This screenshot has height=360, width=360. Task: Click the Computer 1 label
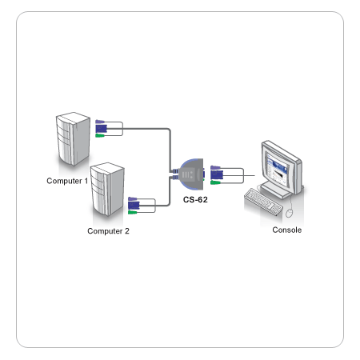pos(67,181)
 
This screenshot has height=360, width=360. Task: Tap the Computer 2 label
pos(108,231)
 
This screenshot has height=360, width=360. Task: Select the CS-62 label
pos(195,199)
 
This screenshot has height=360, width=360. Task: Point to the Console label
pos(287,230)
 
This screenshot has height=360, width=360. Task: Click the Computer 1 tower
pos(73,138)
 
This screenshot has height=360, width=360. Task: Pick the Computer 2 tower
pos(107,189)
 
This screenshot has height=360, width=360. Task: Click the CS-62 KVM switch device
pos(190,174)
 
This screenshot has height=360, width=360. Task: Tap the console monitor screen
pos(278,169)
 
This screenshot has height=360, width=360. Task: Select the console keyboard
pos(263,202)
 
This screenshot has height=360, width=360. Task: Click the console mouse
pos(289,213)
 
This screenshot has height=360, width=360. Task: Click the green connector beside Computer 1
pos(100,136)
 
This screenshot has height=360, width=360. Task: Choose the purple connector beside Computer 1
pos(100,122)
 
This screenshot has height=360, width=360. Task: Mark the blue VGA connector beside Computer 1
pos(102,129)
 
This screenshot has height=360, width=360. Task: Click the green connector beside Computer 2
pos(133,213)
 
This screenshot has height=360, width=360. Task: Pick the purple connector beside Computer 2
pos(133,199)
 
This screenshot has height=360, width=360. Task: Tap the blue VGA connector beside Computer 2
pos(134,206)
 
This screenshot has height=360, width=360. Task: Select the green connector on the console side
pos(215,182)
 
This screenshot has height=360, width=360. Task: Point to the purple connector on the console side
pos(215,168)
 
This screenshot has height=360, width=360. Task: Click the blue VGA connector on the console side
pos(217,175)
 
